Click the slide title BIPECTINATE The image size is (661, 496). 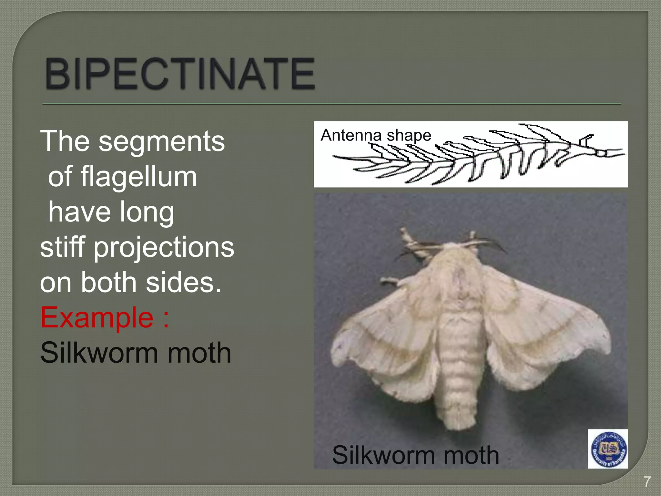point(180,74)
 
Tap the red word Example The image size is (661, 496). point(97,317)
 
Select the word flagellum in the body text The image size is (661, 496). point(139,177)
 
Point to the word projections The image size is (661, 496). point(164,247)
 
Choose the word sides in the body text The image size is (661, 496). point(184,282)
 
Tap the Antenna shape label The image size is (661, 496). point(376,135)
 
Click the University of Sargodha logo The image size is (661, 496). point(608,449)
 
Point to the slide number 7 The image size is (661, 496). point(647,481)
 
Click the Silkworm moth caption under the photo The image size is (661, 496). point(415,455)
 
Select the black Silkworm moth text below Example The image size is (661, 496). point(136,353)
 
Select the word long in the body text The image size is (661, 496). point(147,212)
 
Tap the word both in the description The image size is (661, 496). point(108,282)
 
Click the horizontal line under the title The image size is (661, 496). point(331,104)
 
